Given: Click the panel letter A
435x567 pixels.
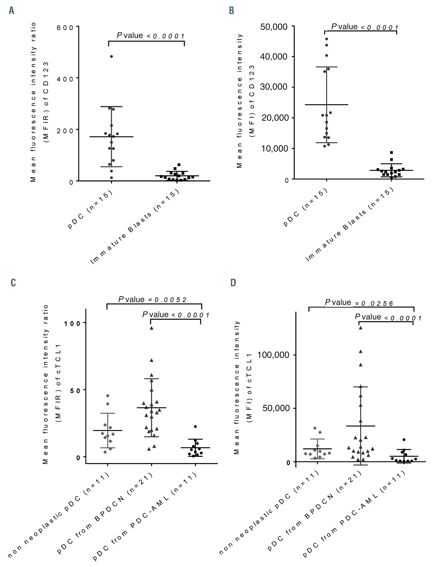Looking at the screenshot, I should point(11,11).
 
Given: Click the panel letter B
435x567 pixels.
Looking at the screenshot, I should point(231,11).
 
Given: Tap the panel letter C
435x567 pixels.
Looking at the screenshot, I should point(13,283).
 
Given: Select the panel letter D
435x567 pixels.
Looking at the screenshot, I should point(233,283).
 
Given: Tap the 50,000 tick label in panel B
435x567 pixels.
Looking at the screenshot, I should point(274,27).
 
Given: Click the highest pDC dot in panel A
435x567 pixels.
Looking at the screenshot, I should point(112,56).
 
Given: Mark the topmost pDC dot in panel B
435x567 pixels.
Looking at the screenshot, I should point(327,39).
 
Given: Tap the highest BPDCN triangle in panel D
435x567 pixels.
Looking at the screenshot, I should point(360,328).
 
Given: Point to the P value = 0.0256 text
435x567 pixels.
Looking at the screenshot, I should point(359,303).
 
